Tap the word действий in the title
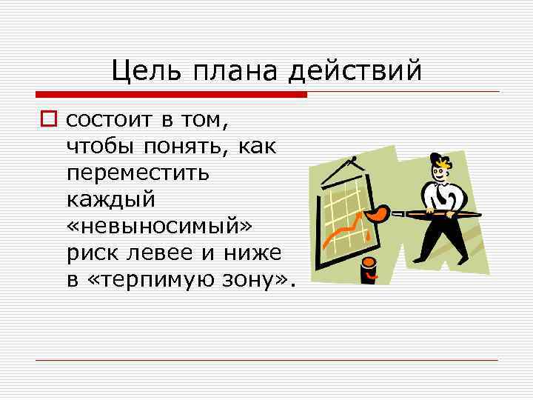[355, 71]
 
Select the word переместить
[138, 173]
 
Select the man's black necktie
[441, 197]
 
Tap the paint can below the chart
[368, 270]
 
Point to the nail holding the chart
[354, 159]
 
